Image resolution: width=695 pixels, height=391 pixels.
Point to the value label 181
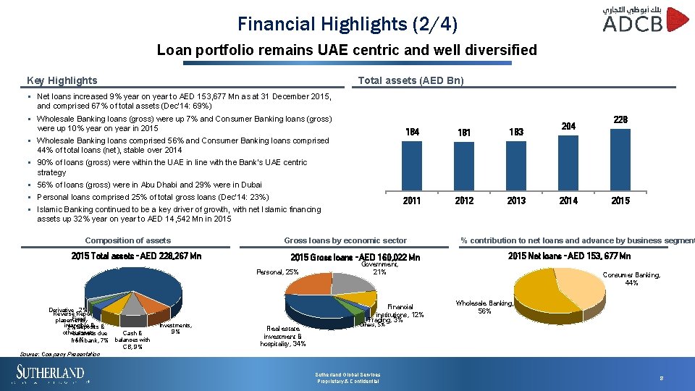point(464,133)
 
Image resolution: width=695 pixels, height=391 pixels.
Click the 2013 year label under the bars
point(516,201)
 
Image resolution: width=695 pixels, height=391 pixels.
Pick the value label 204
point(568,126)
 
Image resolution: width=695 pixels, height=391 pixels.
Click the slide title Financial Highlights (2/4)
point(347,24)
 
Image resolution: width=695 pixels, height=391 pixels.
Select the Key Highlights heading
point(62,80)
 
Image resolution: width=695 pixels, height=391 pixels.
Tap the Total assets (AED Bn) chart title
point(411,80)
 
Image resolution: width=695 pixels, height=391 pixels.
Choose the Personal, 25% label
point(277,272)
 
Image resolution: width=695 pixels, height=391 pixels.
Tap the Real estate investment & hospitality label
point(282,336)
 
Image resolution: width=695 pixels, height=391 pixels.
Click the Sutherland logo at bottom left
point(51,374)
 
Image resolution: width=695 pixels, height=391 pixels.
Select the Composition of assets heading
point(127,240)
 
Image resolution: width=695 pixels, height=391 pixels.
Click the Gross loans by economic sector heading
point(345,240)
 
